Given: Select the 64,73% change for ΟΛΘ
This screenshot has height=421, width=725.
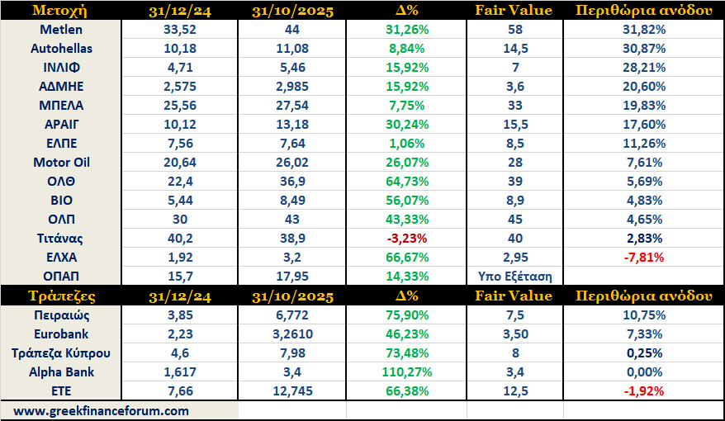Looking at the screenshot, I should coord(405,182).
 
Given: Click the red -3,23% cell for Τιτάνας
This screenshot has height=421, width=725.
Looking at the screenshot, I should coord(405,239).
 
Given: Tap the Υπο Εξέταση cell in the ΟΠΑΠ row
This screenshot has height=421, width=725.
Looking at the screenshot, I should coord(514,277).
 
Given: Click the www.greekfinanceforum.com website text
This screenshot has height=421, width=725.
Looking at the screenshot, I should coord(101,410).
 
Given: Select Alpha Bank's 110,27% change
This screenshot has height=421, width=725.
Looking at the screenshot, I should coord(405,372).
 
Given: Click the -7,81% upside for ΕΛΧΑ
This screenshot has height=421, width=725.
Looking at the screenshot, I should coord(642,258).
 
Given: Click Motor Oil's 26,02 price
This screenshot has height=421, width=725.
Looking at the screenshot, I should coord(291,163).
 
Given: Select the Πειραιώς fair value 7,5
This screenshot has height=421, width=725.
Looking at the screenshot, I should coord(514,315).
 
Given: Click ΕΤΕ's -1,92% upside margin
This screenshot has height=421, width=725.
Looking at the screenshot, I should coord(642,391).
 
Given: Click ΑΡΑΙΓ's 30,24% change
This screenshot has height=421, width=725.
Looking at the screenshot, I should coord(405,125).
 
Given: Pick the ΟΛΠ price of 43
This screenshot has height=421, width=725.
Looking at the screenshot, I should coord(291,220).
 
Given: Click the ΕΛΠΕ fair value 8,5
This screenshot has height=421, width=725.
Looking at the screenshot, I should coord(514,144).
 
